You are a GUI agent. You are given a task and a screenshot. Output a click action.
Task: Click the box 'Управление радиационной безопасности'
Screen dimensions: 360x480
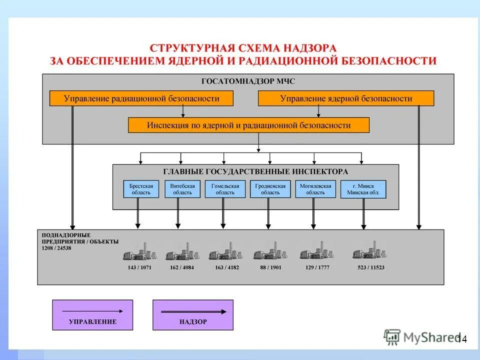[x=141, y=98]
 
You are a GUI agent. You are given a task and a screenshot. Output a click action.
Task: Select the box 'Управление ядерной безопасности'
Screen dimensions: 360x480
[x=346, y=98]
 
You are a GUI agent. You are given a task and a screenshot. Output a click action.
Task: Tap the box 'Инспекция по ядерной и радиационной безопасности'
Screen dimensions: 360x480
[x=248, y=125]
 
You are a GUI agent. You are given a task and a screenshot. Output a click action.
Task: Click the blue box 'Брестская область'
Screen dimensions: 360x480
[x=141, y=189]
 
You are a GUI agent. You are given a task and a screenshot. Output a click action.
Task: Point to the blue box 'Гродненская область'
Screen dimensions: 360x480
[x=270, y=189]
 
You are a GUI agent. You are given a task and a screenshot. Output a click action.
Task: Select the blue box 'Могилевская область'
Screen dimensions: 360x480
[x=315, y=189]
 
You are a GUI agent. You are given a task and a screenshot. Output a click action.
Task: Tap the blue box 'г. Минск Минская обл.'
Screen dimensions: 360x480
[x=363, y=189]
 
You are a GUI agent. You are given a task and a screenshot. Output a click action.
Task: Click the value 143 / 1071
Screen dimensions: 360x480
[x=139, y=267]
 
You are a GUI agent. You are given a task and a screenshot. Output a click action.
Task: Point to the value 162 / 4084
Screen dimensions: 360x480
[x=182, y=267]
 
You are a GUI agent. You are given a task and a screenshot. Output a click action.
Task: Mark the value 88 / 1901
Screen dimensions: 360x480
[x=270, y=267]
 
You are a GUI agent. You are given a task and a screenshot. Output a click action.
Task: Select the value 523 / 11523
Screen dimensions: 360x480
[x=370, y=267]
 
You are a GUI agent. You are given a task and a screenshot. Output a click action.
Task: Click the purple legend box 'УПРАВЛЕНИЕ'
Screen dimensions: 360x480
[x=92, y=315]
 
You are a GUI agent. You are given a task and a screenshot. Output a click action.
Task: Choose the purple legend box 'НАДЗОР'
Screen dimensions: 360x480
[x=192, y=315]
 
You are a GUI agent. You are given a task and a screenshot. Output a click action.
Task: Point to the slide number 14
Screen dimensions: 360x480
[x=461, y=339]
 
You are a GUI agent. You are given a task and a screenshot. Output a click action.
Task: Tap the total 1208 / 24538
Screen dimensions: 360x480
[x=56, y=248]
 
